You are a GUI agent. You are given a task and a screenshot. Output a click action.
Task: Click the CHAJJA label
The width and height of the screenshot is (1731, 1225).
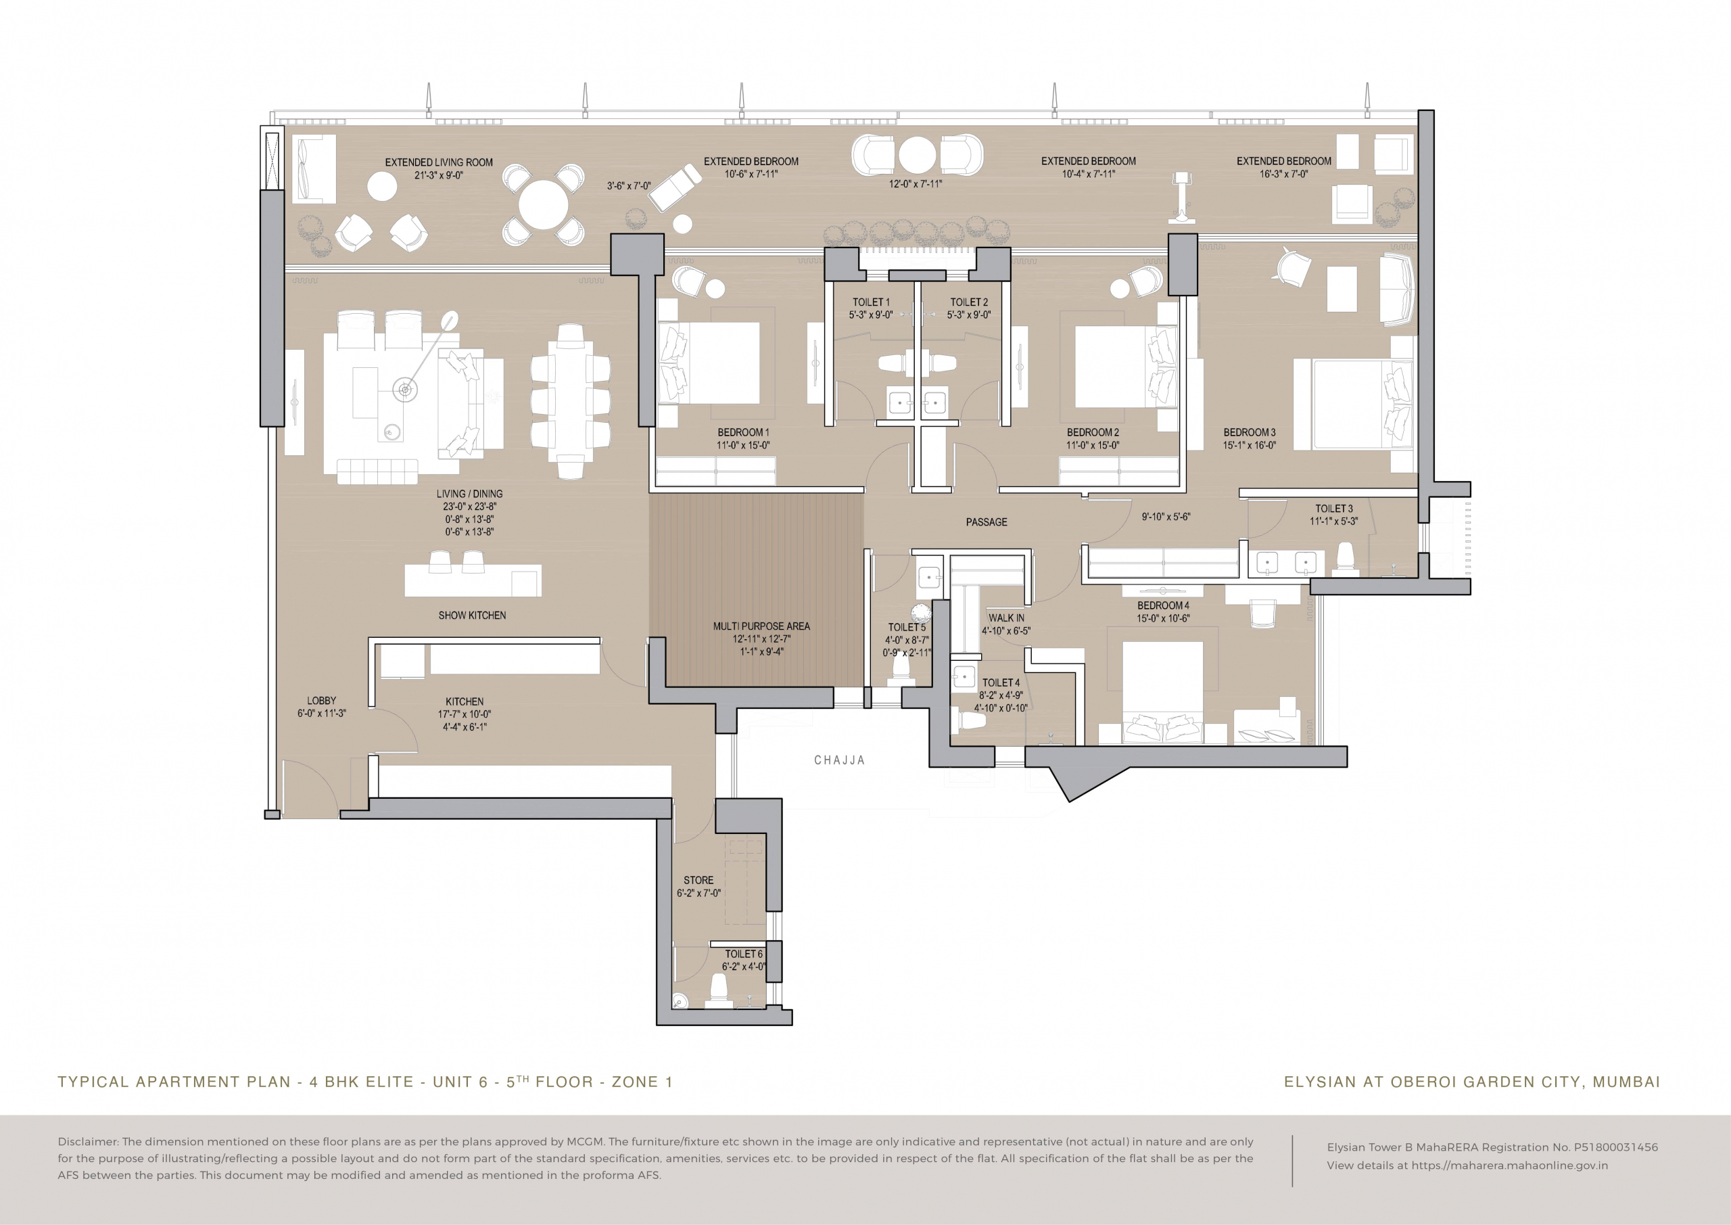[x=839, y=760]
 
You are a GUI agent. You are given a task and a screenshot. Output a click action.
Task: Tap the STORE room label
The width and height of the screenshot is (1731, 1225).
[x=698, y=880]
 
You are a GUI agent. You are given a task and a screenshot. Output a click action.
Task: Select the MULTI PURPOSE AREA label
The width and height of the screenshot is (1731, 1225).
[x=761, y=626]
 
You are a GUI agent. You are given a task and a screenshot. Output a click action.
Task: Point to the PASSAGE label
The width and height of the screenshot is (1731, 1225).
[x=986, y=522]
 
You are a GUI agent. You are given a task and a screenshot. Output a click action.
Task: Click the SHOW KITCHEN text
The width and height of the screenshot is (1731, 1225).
[x=472, y=616]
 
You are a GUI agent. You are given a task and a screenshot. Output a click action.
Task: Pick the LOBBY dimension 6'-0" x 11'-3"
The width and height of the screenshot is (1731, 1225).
[x=321, y=714]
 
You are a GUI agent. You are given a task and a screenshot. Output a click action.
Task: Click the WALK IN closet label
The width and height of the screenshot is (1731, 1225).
[x=1007, y=618]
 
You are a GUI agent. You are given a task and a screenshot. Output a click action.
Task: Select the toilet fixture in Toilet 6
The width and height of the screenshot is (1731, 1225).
[x=719, y=990]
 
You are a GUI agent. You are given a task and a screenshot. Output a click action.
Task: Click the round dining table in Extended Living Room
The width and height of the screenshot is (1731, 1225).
[x=544, y=205]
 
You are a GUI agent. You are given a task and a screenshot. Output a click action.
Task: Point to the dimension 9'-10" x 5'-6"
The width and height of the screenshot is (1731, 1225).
[x=1166, y=517]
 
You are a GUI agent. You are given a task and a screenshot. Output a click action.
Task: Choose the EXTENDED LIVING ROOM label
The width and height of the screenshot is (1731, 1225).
[x=439, y=162]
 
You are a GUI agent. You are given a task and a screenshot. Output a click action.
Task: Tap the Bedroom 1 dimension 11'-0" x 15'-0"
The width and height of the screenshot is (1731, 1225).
[x=742, y=446]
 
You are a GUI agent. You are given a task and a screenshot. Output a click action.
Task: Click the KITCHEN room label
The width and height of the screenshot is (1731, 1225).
[x=465, y=701]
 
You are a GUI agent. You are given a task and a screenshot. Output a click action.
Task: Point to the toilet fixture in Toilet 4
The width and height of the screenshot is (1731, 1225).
[x=972, y=722]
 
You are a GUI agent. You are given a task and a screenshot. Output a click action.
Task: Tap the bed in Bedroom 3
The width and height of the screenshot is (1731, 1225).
[x=1353, y=405]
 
